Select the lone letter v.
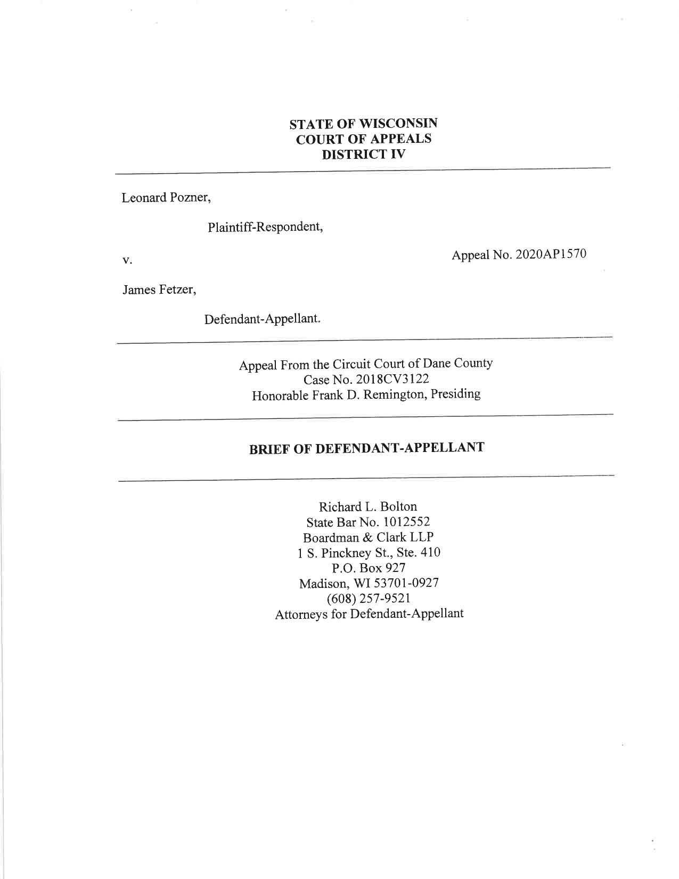127,261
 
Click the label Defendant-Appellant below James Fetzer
263,319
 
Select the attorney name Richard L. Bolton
367,506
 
